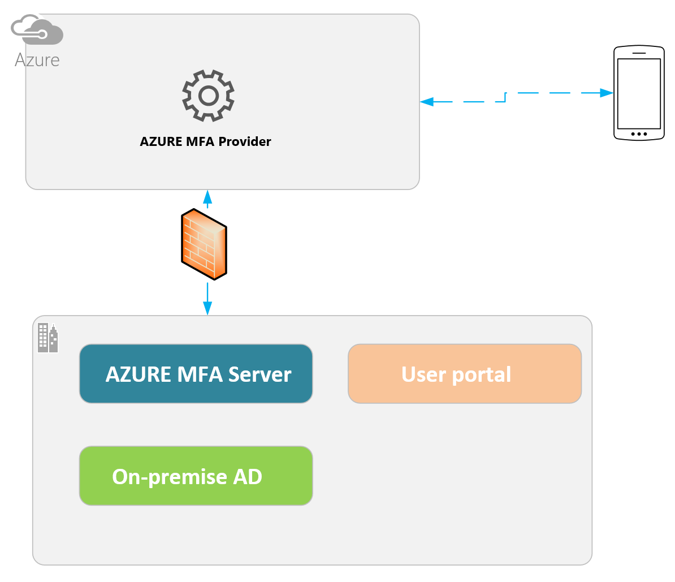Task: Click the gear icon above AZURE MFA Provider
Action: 208,96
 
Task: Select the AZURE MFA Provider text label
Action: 205,141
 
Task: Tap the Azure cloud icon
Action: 37,31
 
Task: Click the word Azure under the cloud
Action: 37,60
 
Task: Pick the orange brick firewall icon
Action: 204,244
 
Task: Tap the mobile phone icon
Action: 639,93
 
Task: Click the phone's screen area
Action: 639,93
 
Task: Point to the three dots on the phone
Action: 639,134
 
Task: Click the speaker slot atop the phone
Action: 639,53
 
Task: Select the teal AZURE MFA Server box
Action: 196,374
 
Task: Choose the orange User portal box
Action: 464,374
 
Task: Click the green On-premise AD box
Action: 196,476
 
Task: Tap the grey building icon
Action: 48,338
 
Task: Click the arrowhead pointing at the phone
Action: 607,92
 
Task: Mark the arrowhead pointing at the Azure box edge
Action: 427,102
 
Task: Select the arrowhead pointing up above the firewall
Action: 207,197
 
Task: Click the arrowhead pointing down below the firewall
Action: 207,308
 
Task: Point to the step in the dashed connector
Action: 505,97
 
